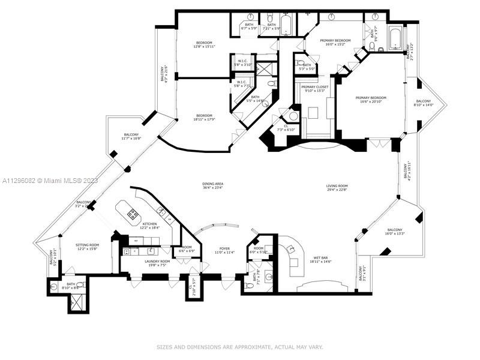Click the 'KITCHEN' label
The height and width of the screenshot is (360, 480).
[x=149, y=223]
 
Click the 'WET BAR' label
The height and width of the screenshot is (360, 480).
[x=320, y=257]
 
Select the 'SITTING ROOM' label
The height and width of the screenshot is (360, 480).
[x=87, y=245]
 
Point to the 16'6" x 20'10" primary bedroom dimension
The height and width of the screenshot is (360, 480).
[x=370, y=102]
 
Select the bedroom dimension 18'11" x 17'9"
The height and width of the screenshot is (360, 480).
[x=204, y=119]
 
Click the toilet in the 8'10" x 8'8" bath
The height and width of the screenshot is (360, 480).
[x=54, y=287]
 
